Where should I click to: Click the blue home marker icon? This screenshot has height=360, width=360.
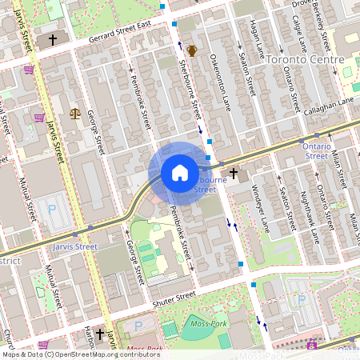[180, 173]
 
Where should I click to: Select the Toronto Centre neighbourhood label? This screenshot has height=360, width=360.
[305, 60]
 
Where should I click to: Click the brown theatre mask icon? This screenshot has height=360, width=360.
[192, 51]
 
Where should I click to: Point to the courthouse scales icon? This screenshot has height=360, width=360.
[75, 114]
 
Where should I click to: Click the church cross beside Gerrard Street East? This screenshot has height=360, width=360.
[53, 38]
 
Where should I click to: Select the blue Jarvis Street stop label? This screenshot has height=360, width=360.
[74, 247]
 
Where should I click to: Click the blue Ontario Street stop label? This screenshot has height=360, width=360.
[322, 151]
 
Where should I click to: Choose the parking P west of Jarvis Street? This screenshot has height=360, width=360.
[53, 210]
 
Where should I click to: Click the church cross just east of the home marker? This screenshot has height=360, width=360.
[234, 172]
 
